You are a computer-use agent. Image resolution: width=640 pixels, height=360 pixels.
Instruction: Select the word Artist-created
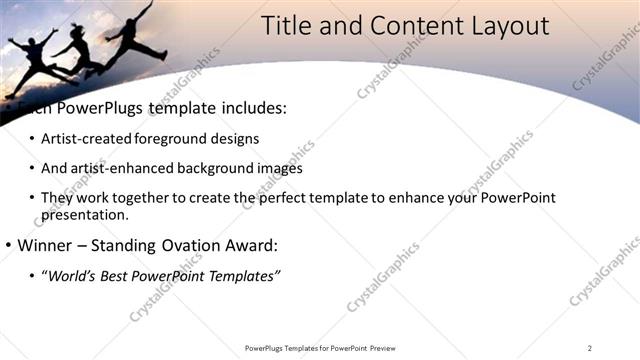tap(87, 138)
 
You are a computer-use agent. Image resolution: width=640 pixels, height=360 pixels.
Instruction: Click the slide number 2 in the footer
tap(590, 348)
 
